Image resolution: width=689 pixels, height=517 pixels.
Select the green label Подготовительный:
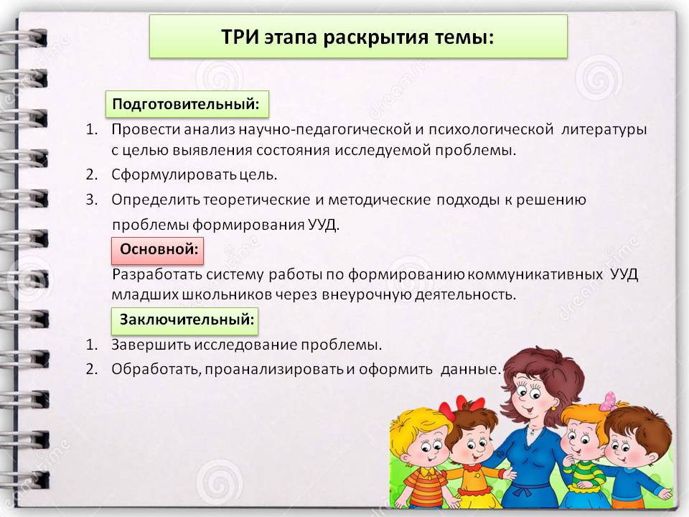pos(187,104)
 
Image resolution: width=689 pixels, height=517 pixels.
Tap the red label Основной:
pos(157,250)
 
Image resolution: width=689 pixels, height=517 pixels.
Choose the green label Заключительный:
pos(184,320)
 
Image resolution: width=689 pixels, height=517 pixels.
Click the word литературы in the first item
pos(604,130)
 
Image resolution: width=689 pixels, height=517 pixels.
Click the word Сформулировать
pos(174,175)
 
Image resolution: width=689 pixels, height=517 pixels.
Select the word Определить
pos(156,200)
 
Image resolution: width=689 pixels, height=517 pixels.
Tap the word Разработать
pos(157,275)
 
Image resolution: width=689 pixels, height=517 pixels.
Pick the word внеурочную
pos(366,294)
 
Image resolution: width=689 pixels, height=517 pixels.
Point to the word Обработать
pos(156,369)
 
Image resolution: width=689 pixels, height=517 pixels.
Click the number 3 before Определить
pos(91,200)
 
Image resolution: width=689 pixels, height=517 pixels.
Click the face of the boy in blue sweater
pos(624,448)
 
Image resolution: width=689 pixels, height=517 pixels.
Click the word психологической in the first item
pos(490,130)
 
